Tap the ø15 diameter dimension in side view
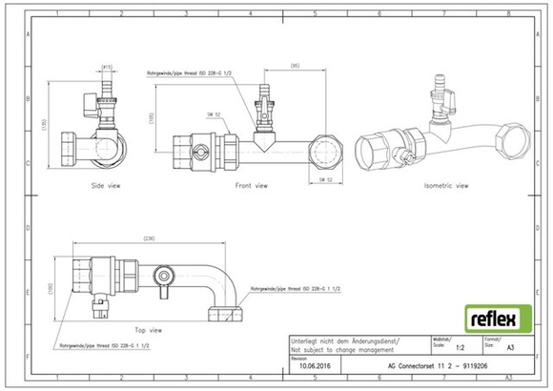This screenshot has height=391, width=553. pos(107,66)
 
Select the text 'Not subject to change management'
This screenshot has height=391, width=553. pos(343,350)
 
